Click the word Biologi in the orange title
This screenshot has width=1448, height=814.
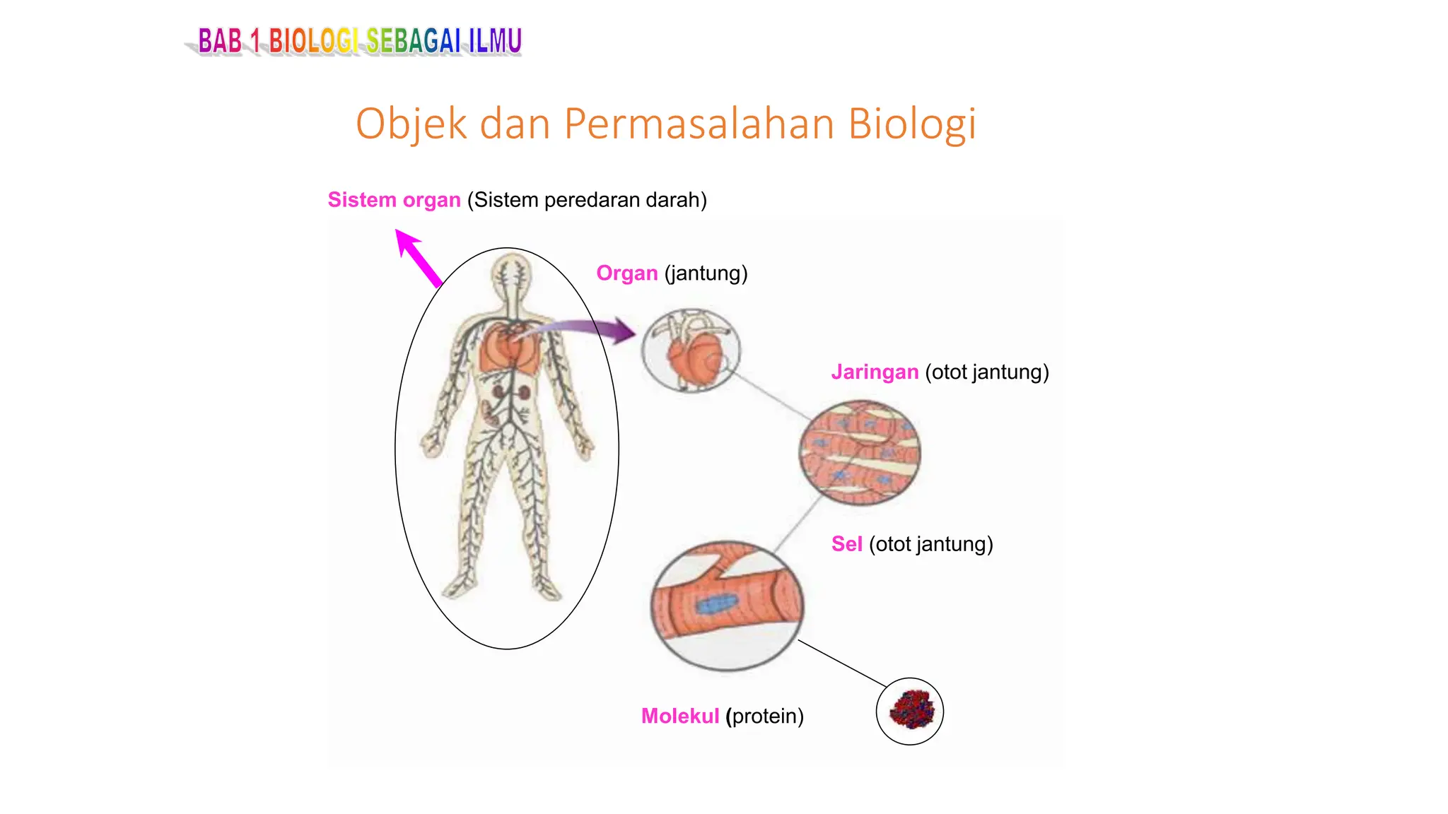tap(911, 124)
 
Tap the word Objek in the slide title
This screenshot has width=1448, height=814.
tap(411, 125)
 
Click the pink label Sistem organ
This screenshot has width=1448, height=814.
tap(394, 200)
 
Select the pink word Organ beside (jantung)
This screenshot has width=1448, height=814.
tap(626, 273)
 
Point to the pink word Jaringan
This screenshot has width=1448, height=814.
tap(875, 372)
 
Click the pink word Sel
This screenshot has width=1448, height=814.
tap(846, 544)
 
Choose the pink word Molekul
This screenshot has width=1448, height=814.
tap(679, 716)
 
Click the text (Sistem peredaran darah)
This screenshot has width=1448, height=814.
tap(587, 200)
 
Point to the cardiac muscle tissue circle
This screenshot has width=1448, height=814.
tap(860, 453)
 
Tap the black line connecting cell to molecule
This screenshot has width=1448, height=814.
tap(841, 663)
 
